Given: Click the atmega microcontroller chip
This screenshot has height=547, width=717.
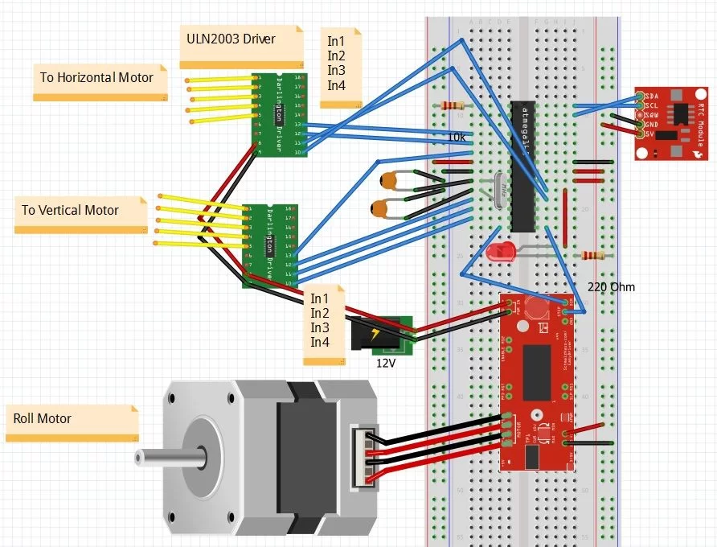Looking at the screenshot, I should click(x=523, y=165).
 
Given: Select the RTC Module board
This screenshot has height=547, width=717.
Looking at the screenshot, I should click(x=673, y=124).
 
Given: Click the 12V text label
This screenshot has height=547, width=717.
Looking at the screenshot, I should click(x=386, y=363).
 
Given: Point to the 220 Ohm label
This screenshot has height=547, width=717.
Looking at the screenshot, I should click(x=611, y=286).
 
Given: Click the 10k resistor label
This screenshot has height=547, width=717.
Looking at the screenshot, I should click(x=457, y=138).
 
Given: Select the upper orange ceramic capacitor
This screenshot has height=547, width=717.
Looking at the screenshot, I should click(x=389, y=182).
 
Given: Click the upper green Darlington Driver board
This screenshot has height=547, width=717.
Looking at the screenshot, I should click(x=277, y=114).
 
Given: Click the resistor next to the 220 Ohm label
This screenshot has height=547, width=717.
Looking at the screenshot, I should click(x=592, y=256).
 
